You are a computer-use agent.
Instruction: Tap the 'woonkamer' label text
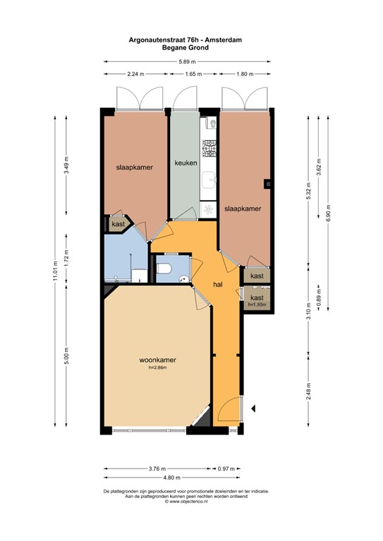tap(157, 359)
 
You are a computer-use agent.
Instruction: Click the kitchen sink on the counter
tap(209, 180)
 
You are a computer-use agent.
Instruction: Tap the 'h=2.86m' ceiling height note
tap(157, 368)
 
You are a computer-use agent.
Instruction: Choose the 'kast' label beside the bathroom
tap(117, 224)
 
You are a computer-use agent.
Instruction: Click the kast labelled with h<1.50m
tap(257, 299)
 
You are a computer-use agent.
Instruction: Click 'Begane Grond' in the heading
tap(187, 49)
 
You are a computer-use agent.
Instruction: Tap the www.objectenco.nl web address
tap(190, 502)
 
